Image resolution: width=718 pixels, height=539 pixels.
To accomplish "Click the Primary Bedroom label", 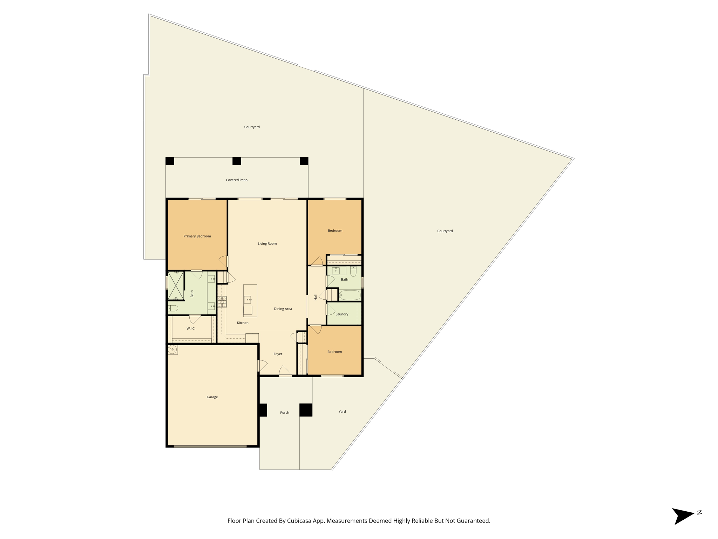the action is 197,236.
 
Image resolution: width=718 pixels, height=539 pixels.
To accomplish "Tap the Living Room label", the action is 267,244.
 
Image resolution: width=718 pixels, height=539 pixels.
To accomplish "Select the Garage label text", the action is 212,397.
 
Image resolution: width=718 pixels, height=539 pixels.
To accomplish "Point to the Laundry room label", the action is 342,314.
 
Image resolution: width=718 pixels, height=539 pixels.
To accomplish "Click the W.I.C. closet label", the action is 191,328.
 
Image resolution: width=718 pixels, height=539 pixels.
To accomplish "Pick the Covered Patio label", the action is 237,180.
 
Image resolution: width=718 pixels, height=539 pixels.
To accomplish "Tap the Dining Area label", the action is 283,309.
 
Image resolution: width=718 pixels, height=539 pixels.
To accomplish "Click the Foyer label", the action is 278,354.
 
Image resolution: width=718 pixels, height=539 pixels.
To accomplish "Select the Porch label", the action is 285,413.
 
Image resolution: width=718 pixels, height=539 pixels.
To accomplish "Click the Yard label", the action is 342,412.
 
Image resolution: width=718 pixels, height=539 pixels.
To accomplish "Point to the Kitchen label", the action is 243,323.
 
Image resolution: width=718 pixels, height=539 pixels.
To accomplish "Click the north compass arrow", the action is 683,516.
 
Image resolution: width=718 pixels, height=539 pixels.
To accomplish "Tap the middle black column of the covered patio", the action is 237,161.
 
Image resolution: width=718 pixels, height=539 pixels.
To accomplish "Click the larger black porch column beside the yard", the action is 306,410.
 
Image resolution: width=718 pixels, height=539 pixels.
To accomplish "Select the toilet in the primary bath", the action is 173,308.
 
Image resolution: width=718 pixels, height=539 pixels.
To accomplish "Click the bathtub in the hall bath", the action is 350,295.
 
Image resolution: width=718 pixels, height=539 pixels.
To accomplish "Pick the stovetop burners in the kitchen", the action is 222,302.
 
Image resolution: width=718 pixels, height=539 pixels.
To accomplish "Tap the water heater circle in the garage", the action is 172,349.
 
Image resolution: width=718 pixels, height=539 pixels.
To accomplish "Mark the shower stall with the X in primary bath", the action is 176,286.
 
